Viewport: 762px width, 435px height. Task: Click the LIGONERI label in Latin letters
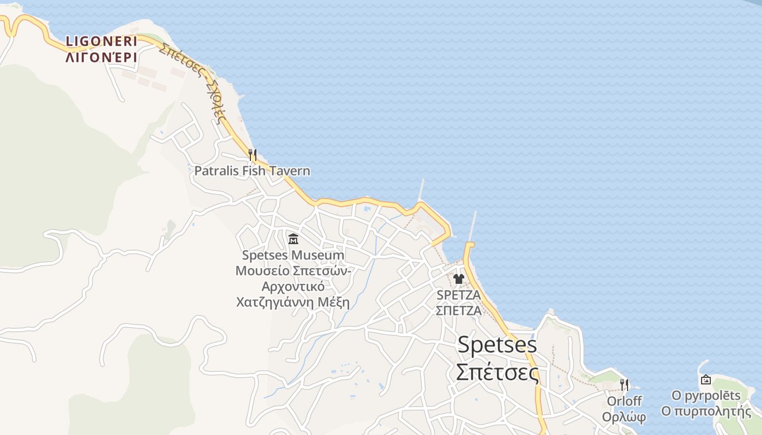(101, 41)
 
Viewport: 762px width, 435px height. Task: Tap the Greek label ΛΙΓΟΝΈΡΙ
(101, 57)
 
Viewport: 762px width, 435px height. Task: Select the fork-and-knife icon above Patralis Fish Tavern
(252, 155)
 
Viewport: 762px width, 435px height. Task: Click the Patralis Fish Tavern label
(253, 171)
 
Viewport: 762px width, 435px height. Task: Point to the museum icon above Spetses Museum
(293, 238)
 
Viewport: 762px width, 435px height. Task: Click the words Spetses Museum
(293, 255)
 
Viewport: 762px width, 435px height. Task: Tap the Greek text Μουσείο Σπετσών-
(293, 270)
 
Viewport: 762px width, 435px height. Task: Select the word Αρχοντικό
(293, 286)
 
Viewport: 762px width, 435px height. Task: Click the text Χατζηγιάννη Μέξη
(293, 302)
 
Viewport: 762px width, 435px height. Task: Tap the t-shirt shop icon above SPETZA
(458, 279)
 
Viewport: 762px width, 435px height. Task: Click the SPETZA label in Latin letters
(459, 295)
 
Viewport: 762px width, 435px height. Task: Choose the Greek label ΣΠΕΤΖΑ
(459, 310)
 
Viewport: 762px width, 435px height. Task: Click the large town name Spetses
(497, 345)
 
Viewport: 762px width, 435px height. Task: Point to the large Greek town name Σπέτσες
(497, 372)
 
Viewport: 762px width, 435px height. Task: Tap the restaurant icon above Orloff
(624, 385)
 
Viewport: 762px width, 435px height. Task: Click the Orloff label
(624, 401)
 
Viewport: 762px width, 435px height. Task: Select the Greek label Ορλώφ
(624, 417)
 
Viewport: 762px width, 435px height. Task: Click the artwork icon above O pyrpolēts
(706, 380)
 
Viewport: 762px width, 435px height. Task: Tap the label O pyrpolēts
(706, 396)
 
